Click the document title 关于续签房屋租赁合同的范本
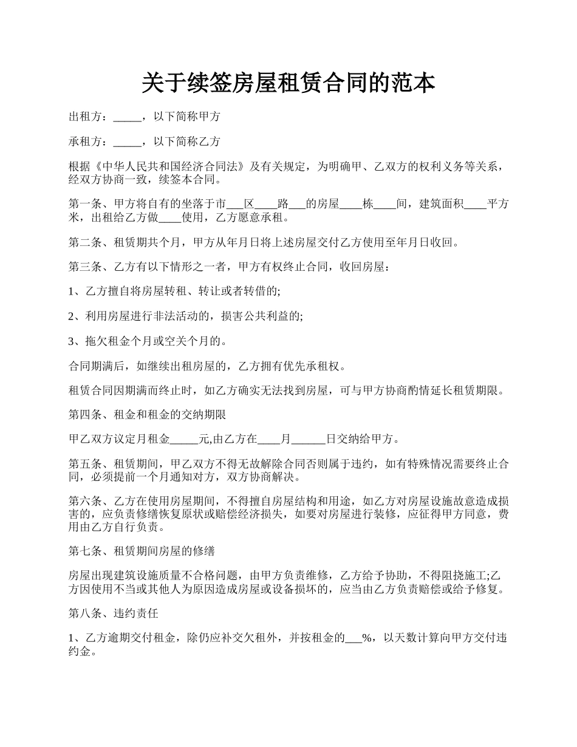click(x=288, y=83)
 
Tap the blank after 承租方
click(x=126, y=142)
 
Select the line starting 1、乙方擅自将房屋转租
click(x=175, y=292)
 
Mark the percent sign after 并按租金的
click(x=366, y=638)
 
